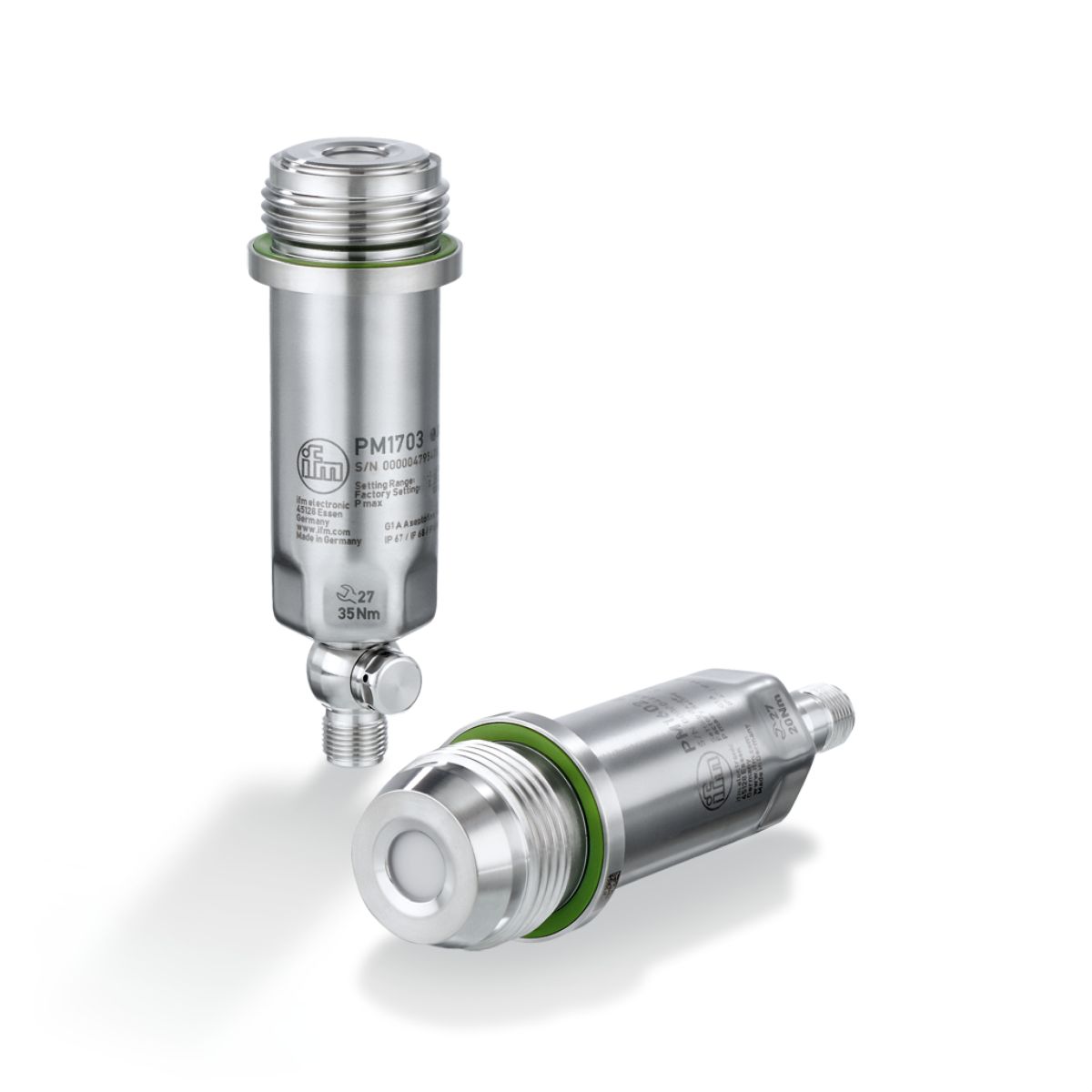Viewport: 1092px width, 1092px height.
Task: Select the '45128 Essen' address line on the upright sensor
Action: tap(320, 511)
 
